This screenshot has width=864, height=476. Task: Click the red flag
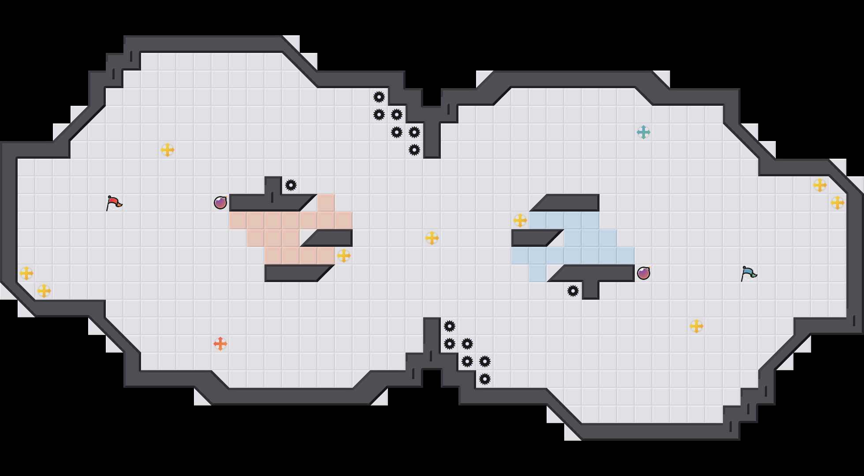click(x=114, y=203)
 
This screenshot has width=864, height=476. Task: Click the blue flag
click(x=749, y=273)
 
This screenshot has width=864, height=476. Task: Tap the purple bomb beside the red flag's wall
click(x=220, y=203)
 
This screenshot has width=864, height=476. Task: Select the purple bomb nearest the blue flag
click(x=644, y=273)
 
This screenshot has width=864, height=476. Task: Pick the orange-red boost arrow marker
click(x=220, y=344)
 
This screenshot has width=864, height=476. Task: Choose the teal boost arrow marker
click(x=644, y=132)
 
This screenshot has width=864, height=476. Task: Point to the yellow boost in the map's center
click(x=432, y=238)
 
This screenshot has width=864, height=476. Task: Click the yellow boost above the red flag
click(x=168, y=150)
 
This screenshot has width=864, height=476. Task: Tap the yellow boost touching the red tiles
click(x=344, y=256)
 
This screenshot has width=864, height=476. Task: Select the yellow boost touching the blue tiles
click(x=520, y=220)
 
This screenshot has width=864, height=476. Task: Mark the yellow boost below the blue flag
click(x=696, y=326)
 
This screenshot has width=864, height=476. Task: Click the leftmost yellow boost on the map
click(x=26, y=273)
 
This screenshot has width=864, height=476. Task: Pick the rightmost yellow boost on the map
click(x=838, y=203)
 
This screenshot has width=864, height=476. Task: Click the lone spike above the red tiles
click(x=291, y=185)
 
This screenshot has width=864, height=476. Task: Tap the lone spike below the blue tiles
click(x=573, y=291)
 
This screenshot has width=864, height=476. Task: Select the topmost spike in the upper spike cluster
click(x=379, y=97)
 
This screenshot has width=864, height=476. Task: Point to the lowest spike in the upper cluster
click(x=414, y=150)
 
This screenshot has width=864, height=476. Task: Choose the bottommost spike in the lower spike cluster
click(x=485, y=379)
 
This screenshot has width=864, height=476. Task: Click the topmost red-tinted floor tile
click(x=326, y=203)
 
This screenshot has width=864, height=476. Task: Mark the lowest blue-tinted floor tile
click(x=538, y=273)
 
